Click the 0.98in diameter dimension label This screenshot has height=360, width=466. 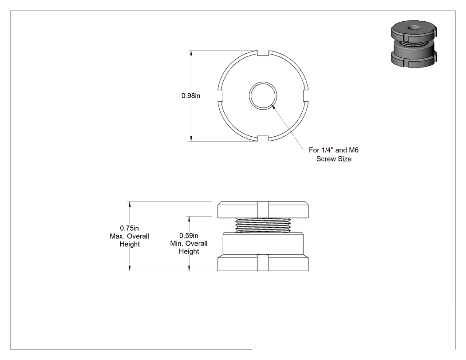pos(191,96)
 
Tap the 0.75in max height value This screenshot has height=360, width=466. pos(129,228)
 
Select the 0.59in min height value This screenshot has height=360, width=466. pos(189,236)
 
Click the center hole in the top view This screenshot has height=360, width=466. pos(263,96)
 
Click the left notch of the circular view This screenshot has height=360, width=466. pos(220,96)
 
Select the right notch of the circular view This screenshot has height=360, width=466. pos(306,96)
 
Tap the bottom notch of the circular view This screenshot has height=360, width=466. pos(263,138)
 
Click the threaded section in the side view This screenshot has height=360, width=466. pos(263,225)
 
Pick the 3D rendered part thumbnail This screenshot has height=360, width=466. pos(414,44)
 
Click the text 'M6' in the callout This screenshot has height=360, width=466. pos(354,150)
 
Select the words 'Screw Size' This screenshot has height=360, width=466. pos(334,159)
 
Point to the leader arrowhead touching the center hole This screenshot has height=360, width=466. pos(274,107)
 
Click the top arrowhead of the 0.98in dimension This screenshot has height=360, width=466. pos(191,53)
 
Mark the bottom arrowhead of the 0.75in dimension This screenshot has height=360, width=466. pos(129,268)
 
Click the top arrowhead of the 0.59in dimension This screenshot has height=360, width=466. pos(189,219)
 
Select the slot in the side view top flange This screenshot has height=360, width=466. pos(263,210)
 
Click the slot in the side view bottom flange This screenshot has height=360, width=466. pos(263,263)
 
